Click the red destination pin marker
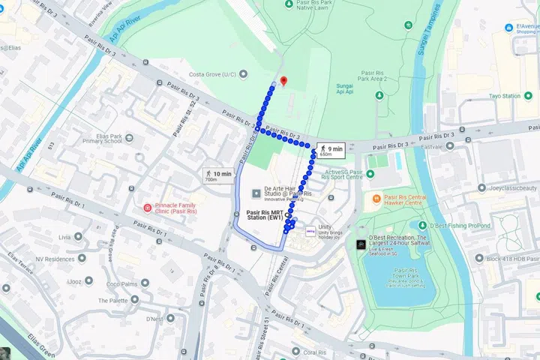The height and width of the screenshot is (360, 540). coord(283,81)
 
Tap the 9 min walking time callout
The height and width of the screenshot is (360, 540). coord(329,150)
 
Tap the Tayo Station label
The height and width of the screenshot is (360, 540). coord(504,96)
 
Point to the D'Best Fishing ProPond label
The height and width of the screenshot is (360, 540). coord(459,225)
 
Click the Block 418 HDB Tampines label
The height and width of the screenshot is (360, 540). coord(511,259)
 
